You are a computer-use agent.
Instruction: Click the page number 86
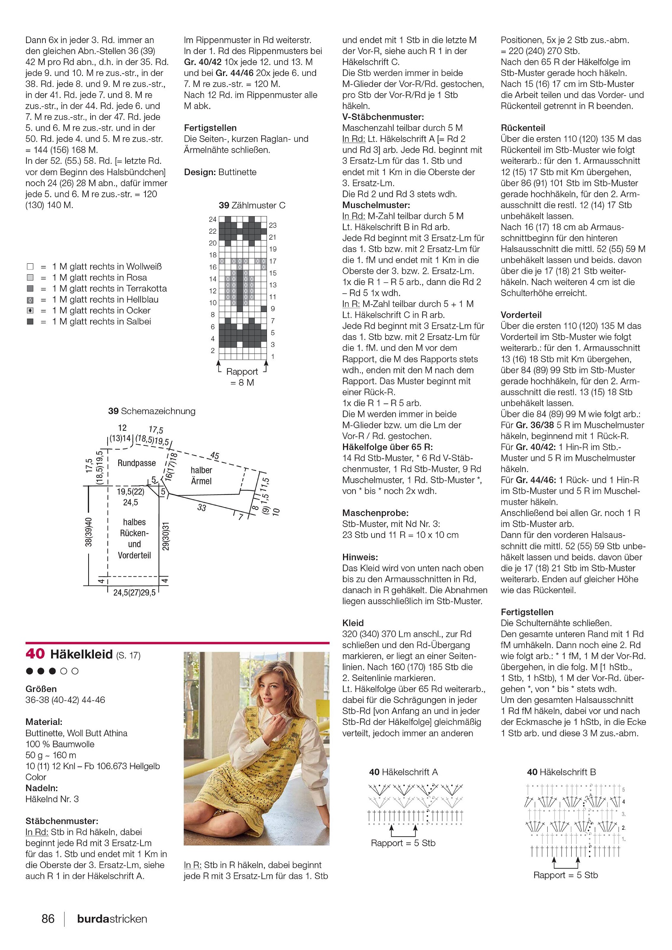(48, 919)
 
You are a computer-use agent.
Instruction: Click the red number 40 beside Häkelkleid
(35, 653)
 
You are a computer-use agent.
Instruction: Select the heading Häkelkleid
(82, 654)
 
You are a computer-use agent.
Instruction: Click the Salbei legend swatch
(30, 321)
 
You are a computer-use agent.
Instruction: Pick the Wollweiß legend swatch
(30, 267)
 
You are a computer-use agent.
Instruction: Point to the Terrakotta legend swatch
(30, 288)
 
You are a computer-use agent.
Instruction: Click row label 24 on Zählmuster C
(212, 219)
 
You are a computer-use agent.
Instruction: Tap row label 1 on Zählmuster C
(273, 356)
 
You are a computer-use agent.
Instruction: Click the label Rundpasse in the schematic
(137, 463)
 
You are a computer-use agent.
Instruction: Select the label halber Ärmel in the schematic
(202, 475)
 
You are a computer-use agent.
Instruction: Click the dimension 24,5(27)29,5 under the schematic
(134, 592)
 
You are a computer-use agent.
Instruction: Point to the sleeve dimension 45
(215, 456)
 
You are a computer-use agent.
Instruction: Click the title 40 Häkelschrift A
(403, 772)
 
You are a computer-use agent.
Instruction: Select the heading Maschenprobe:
(375, 513)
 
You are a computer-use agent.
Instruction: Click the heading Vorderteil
(521, 315)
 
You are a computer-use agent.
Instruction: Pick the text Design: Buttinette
(220, 172)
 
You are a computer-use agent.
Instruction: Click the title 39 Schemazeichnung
(152, 411)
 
